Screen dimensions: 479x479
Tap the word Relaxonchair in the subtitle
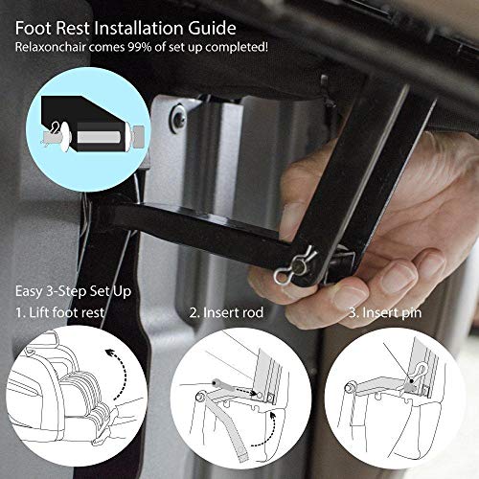click(51, 47)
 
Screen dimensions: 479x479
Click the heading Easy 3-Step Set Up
click(73, 291)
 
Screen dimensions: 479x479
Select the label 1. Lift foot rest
click(60, 312)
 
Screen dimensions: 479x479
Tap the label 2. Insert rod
click(226, 312)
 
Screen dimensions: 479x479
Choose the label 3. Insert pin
click(385, 313)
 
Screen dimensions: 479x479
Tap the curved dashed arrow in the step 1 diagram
click(123, 371)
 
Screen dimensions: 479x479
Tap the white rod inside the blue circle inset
click(99, 137)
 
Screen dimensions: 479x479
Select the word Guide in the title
click(212, 28)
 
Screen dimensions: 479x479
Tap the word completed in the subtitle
click(237, 47)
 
